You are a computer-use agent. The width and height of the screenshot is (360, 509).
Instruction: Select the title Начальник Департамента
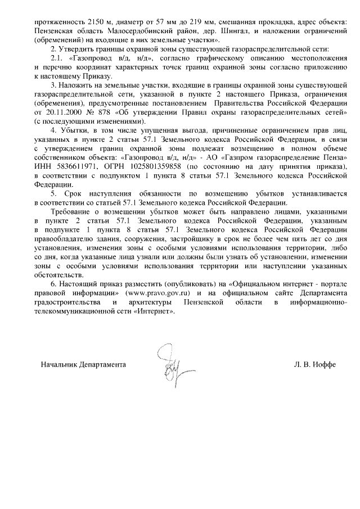pyautogui.click(x=83, y=365)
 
